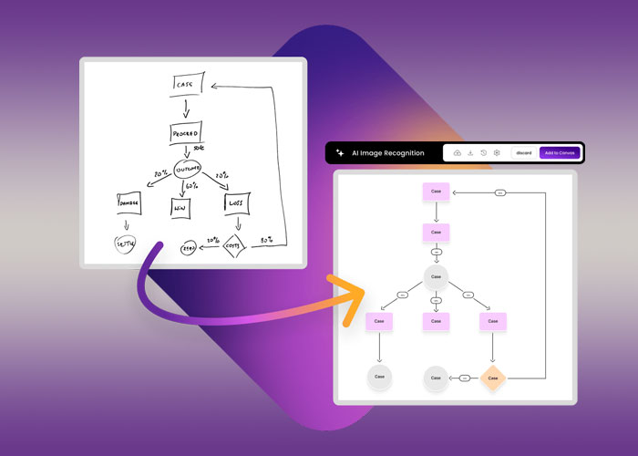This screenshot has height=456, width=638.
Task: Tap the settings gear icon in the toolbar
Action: (x=497, y=152)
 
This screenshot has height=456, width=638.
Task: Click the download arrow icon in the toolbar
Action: (x=470, y=152)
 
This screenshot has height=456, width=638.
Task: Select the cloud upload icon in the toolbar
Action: (x=457, y=152)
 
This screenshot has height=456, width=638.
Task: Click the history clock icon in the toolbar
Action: (x=483, y=152)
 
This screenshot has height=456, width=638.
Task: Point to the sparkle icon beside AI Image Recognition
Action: (x=340, y=152)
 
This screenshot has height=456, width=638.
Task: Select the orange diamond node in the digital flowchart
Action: (x=492, y=377)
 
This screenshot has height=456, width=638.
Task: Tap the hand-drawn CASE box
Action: (x=187, y=86)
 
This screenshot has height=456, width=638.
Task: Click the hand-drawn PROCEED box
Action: (x=185, y=134)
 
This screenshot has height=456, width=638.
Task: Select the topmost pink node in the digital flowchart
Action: (x=436, y=192)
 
